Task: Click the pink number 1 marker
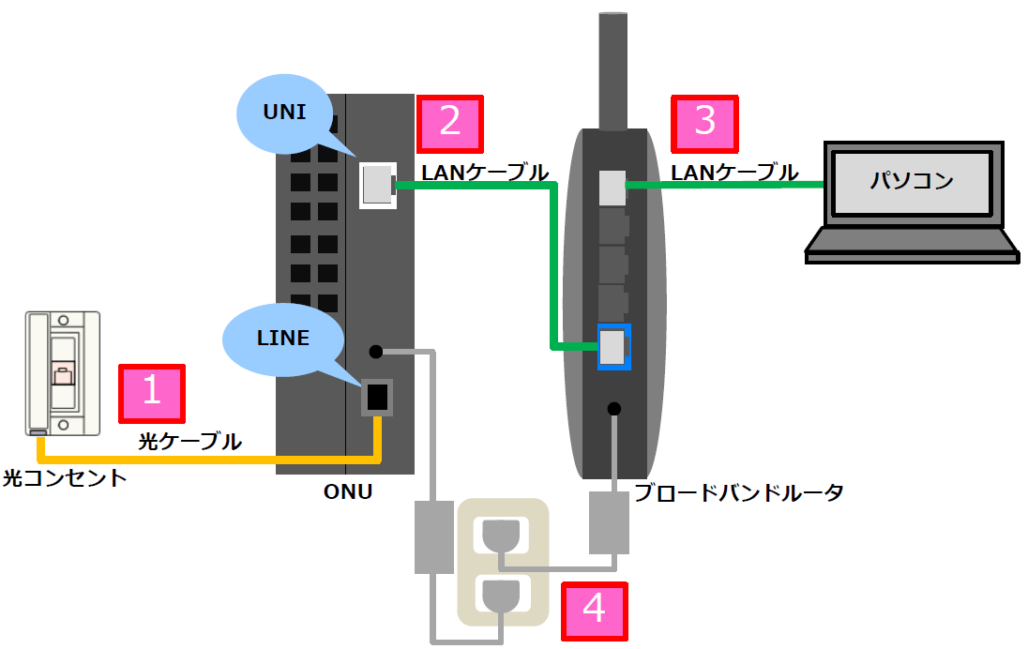click(x=151, y=393)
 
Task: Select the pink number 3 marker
click(x=704, y=123)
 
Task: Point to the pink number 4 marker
click(x=594, y=611)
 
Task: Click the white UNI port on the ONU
click(x=376, y=185)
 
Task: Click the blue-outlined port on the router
click(x=612, y=347)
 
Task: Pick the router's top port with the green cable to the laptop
click(x=612, y=188)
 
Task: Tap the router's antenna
click(x=612, y=70)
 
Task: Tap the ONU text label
click(x=346, y=491)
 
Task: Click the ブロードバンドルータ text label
click(x=739, y=492)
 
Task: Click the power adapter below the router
click(x=609, y=523)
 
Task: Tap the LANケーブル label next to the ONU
click(x=485, y=173)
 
